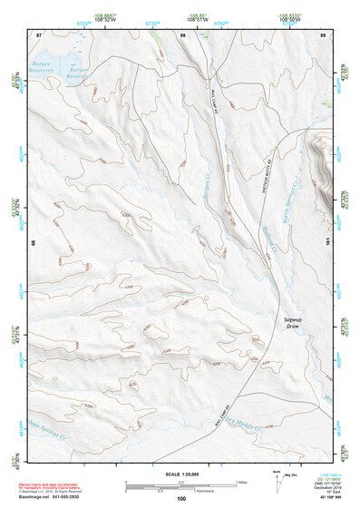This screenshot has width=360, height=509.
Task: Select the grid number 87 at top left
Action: pos(39,34)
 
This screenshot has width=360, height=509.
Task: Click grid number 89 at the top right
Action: pos(322,34)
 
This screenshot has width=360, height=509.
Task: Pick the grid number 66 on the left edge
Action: pos(34,242)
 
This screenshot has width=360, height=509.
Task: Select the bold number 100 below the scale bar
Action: pos(181,498)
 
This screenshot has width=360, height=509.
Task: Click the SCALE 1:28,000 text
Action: pos(181,475)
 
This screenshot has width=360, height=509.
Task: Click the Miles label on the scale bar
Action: pos(241,481)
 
